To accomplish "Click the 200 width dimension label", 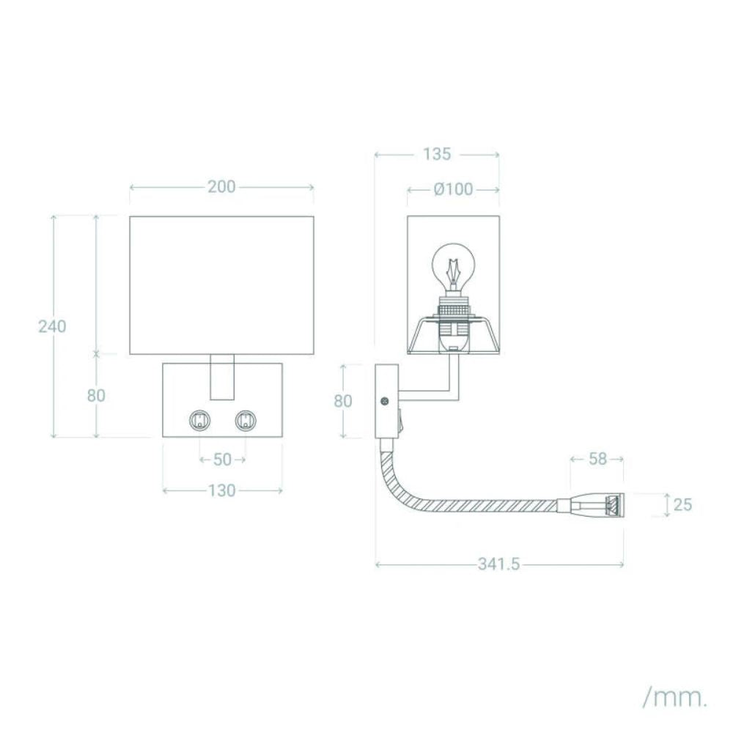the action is (221, 187).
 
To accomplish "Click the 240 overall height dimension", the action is (52, 326).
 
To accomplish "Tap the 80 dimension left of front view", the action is (96, 396).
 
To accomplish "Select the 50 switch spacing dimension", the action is (223, 460).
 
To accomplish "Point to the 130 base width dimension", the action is (221, 491).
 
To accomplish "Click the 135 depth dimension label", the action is (437, 154).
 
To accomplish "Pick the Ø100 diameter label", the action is (454, 189).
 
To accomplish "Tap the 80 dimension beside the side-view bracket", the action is (343, 401).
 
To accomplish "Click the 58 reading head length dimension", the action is (597, 459).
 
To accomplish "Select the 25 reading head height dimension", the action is (682, 505).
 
